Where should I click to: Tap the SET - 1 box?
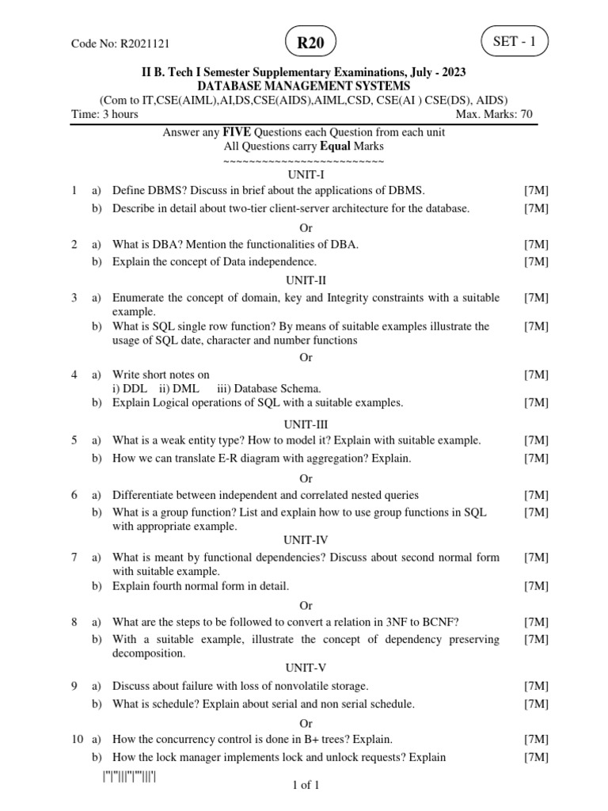tap(514, 42)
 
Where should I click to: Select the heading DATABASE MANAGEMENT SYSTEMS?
tap(304, 86)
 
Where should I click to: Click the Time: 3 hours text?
tap(104, 114)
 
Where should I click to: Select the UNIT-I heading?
tap(305, 174)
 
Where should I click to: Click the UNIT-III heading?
tap(305, 425)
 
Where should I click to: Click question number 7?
tap(74, 558)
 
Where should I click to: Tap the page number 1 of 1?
tap(305, 786)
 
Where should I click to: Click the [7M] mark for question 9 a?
tap(536, 686)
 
